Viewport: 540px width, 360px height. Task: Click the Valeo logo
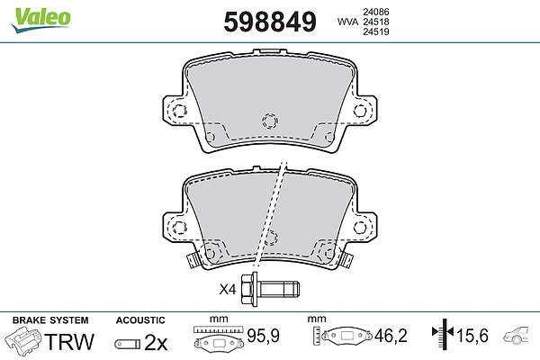click(41, 20)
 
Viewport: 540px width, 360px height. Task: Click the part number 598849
click(270, 22)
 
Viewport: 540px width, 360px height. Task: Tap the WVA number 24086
click(376, 12)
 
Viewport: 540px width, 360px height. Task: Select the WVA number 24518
click(376, 22)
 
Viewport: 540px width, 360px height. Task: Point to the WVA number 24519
click(376, 31)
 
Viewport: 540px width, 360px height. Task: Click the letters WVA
click(348, 22)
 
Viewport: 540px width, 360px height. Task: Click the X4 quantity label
click(228, 290)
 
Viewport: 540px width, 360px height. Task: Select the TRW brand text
click(69, 341)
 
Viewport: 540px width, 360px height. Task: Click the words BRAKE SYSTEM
click(50, 320)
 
